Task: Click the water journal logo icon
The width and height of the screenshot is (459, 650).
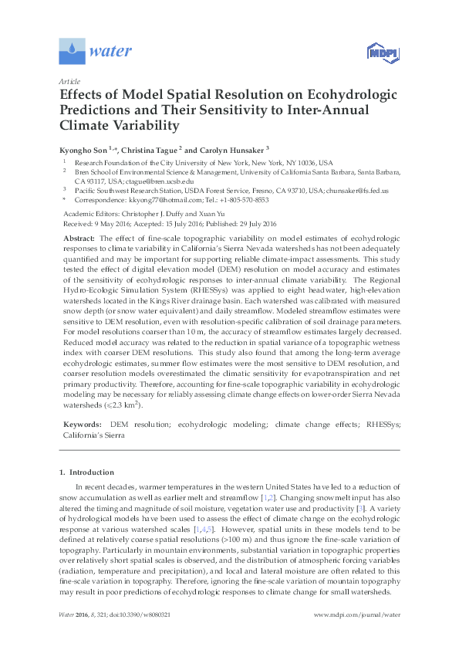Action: click(x=72, y=51)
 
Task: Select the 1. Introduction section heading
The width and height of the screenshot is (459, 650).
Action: click(x=86, y=472)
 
